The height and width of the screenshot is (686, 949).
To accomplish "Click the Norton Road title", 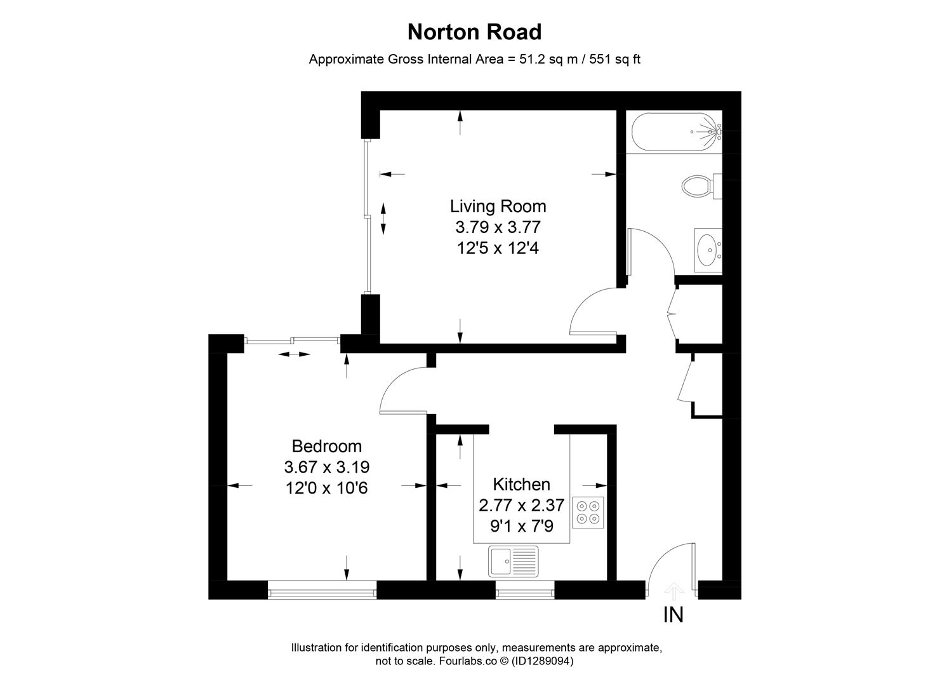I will pyautogui.click(x=474, y=32).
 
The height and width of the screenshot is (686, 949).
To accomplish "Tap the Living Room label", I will pyautogui.click(x=498, y=206).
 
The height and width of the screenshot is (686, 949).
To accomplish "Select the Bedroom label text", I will pyautogui.click(x=326, y=446).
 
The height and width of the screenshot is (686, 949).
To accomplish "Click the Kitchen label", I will pyautogui.click(x=521, y=485).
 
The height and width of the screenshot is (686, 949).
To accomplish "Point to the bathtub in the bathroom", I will pyautogui.click(x=677, y=132).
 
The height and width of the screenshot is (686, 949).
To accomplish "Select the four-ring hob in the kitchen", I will pyautogui.click(x=588, y=513).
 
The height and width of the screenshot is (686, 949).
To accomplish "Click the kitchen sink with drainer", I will pyautogui.click(x=514, y=561).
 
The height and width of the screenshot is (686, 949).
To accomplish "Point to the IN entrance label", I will pyautogui.click(x=673, y=615).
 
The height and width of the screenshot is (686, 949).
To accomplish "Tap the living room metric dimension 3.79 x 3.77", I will pyautogui.click(x=498, y=227).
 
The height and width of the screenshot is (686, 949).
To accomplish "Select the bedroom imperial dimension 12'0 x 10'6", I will pyautogui.click(x=326, y=488).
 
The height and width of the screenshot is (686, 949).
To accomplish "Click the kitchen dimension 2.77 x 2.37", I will pyautogui.click(x=521, y=506).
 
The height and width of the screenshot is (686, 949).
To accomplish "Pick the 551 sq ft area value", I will pyautogui.click(x=615, y=60).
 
